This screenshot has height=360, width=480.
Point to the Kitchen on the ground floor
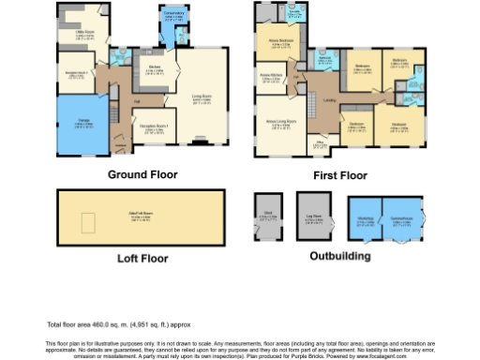click(155, 69)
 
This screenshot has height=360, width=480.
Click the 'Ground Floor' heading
click(142, 174)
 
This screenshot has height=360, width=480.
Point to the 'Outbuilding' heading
click(339, 256)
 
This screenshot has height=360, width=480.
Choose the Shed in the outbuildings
click(269, 221)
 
